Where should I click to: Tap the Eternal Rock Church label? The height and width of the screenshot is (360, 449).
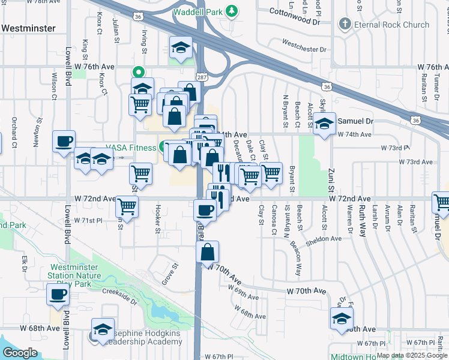click(391, 25)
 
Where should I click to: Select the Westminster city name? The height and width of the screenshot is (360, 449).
click(28, 28)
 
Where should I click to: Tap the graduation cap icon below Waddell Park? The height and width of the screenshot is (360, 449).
click(181, 49)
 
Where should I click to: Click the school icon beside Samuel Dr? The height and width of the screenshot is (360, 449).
click(325, 125)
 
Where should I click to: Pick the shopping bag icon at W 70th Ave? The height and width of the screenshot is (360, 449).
click(207, 251)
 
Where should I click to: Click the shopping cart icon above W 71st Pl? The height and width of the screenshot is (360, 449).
click(127, 206)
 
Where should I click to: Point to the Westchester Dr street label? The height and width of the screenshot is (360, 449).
click(304, 46)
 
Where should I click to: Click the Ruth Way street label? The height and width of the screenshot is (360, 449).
click(362, 220)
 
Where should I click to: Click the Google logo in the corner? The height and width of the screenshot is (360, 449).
click(20, 353)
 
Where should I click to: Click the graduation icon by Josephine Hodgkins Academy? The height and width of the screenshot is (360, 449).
click(103, 330)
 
